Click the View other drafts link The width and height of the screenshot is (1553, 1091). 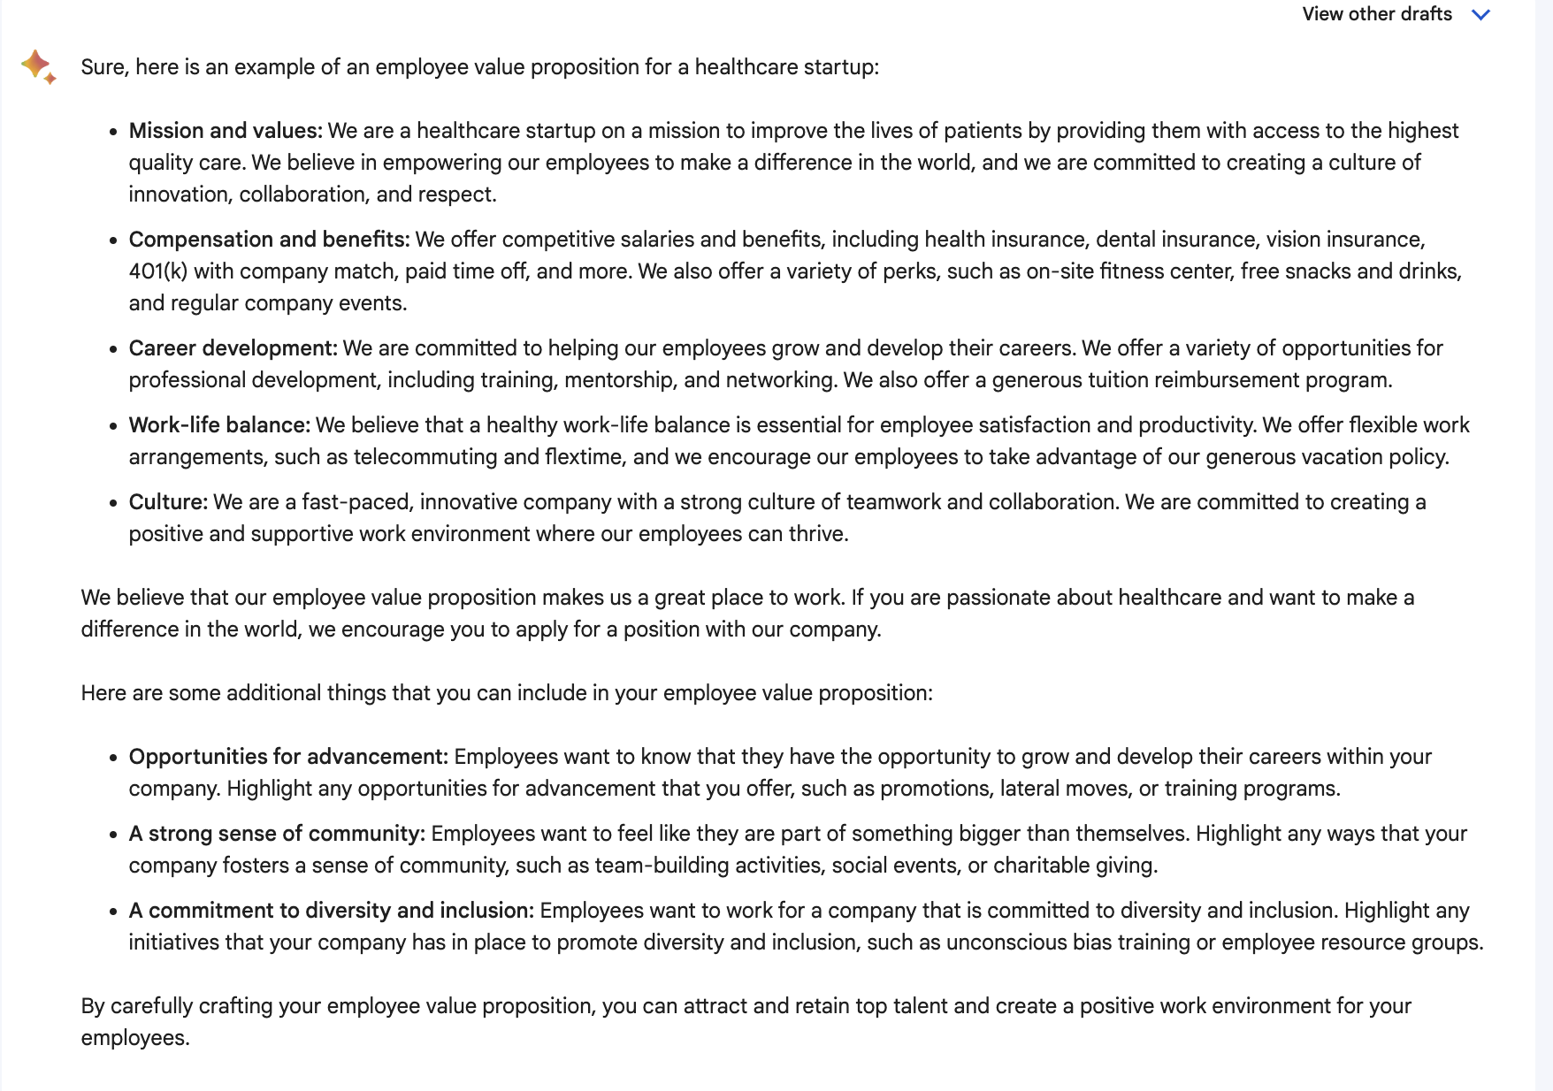[x=1376, y=14]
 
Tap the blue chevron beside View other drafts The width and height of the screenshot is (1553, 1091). [x=1480, y=14]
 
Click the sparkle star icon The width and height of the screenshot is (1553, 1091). [x=38, y=66]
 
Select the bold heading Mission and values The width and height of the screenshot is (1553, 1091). [x=226, y=131]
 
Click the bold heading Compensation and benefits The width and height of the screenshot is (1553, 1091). [x=269, y=240]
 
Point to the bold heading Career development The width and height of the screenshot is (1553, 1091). [x=233, y=348]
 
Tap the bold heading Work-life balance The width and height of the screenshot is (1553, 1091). [x=219, y=425]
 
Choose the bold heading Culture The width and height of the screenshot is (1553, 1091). [x=168, y=502]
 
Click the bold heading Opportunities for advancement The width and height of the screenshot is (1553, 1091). [x=288, y=757]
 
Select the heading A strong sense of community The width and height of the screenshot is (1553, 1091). [x=277, y=834]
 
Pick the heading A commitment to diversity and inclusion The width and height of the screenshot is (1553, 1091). [x=332, y=911]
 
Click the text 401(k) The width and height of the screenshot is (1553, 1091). [x=157, y=271]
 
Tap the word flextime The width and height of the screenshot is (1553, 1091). [x=583, y=457]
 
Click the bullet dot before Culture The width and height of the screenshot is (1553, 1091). [x=113, y=504]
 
